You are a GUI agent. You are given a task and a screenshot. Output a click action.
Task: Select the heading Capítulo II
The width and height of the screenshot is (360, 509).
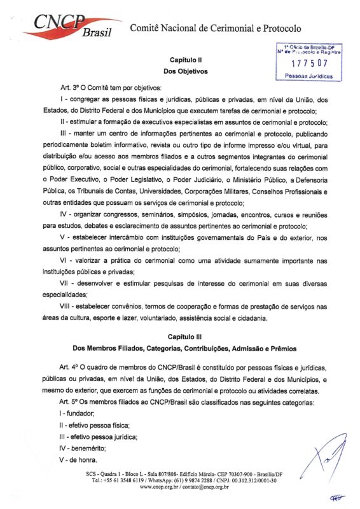click(x=181, y=59)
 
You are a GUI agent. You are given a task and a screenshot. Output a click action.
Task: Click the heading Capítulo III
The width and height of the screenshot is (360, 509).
click(x=180, y=337)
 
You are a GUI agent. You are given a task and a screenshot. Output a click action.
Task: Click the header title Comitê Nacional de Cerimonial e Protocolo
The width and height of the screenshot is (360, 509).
click(x=216, y=28)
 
